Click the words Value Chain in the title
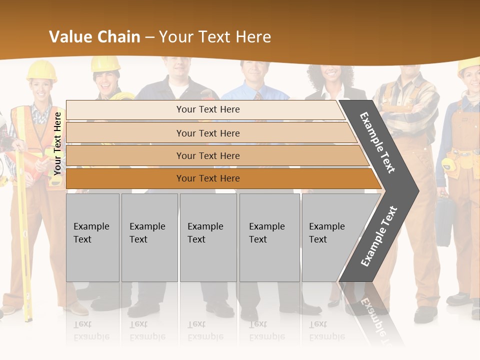(94, 37)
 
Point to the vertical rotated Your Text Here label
(57, 143)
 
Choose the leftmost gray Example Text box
(92, 237)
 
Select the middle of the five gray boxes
(208, 237)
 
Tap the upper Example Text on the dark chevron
(377, 142)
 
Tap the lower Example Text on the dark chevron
(378, 236)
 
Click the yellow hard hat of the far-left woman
(41, 70)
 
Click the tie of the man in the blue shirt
(258, 95)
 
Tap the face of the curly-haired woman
(330, 75)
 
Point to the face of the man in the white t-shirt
(178, 67)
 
